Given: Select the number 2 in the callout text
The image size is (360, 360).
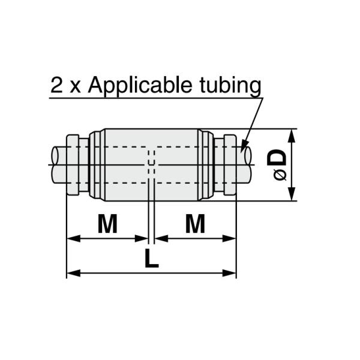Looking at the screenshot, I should (58, 85).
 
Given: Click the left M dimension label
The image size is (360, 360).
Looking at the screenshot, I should (107, 224).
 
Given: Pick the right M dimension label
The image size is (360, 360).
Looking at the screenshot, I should (195, 224).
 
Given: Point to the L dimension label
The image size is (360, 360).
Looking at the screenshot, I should (152, 259).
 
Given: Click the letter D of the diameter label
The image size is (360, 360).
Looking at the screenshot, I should (277, 158).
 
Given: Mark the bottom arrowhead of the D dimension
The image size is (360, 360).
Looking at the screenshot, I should (292, 196).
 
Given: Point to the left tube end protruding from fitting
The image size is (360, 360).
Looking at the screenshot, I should (58, 165).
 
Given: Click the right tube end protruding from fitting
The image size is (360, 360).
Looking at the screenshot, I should (245, 165).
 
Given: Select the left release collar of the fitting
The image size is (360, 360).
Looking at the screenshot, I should (73, 165).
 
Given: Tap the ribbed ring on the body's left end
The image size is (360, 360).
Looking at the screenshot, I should (96, 165).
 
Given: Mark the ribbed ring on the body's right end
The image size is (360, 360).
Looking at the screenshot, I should (206, 165).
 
